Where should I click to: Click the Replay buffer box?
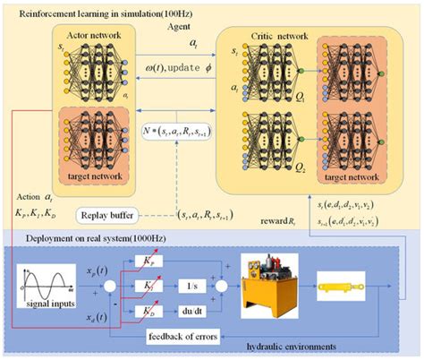tap(113, 216)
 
